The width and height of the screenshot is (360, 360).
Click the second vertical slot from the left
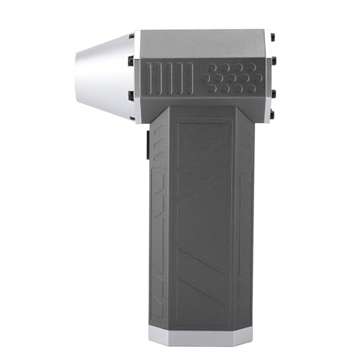tap(159, 78)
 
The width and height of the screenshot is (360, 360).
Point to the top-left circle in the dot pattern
tap(212, 67)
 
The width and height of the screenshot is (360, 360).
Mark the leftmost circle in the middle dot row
tap(205, 77)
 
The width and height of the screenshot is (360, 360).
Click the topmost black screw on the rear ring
tap(271, 36)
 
